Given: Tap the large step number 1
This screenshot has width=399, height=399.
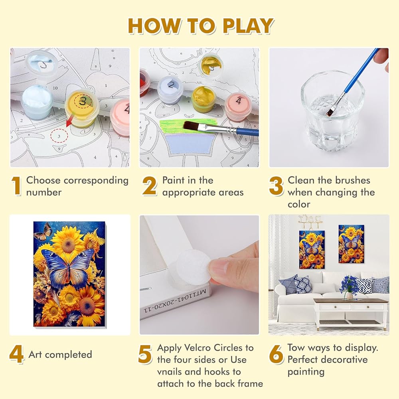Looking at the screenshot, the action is click(x=16, y=186).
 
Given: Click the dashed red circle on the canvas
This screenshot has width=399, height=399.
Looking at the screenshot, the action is click(x=59, y=136).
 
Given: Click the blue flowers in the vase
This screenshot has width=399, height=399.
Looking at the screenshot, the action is click(x=350, y=284).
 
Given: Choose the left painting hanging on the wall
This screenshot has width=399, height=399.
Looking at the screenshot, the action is click(x=312, y=249).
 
